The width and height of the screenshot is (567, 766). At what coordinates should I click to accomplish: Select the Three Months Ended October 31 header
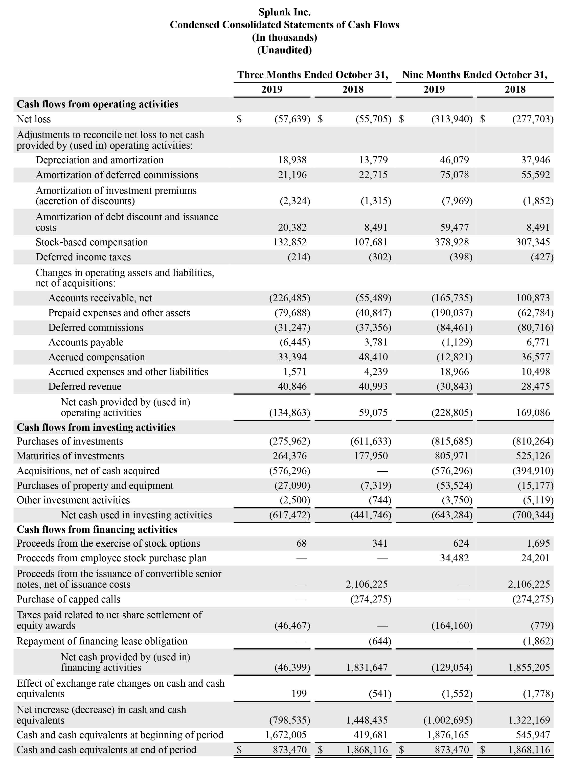click(312, 75)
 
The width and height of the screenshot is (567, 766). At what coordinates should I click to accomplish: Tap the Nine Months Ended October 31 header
click(475, 75)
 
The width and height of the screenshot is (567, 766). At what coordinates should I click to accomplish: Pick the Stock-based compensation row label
click(92, 242)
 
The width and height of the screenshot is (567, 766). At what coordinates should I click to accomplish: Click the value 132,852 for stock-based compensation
click(290, 242)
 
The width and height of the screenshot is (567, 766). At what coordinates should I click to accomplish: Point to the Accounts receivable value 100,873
click(533, 298)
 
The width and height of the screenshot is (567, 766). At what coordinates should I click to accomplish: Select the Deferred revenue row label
click(85, 386)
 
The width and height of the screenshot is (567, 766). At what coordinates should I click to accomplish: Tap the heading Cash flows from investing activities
click(96, 427)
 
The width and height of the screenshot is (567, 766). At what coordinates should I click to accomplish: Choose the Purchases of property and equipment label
click(95, 485)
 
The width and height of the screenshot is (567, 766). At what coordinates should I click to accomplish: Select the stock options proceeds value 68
click(301, 543)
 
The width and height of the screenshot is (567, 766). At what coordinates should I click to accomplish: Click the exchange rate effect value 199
click(299, 694)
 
